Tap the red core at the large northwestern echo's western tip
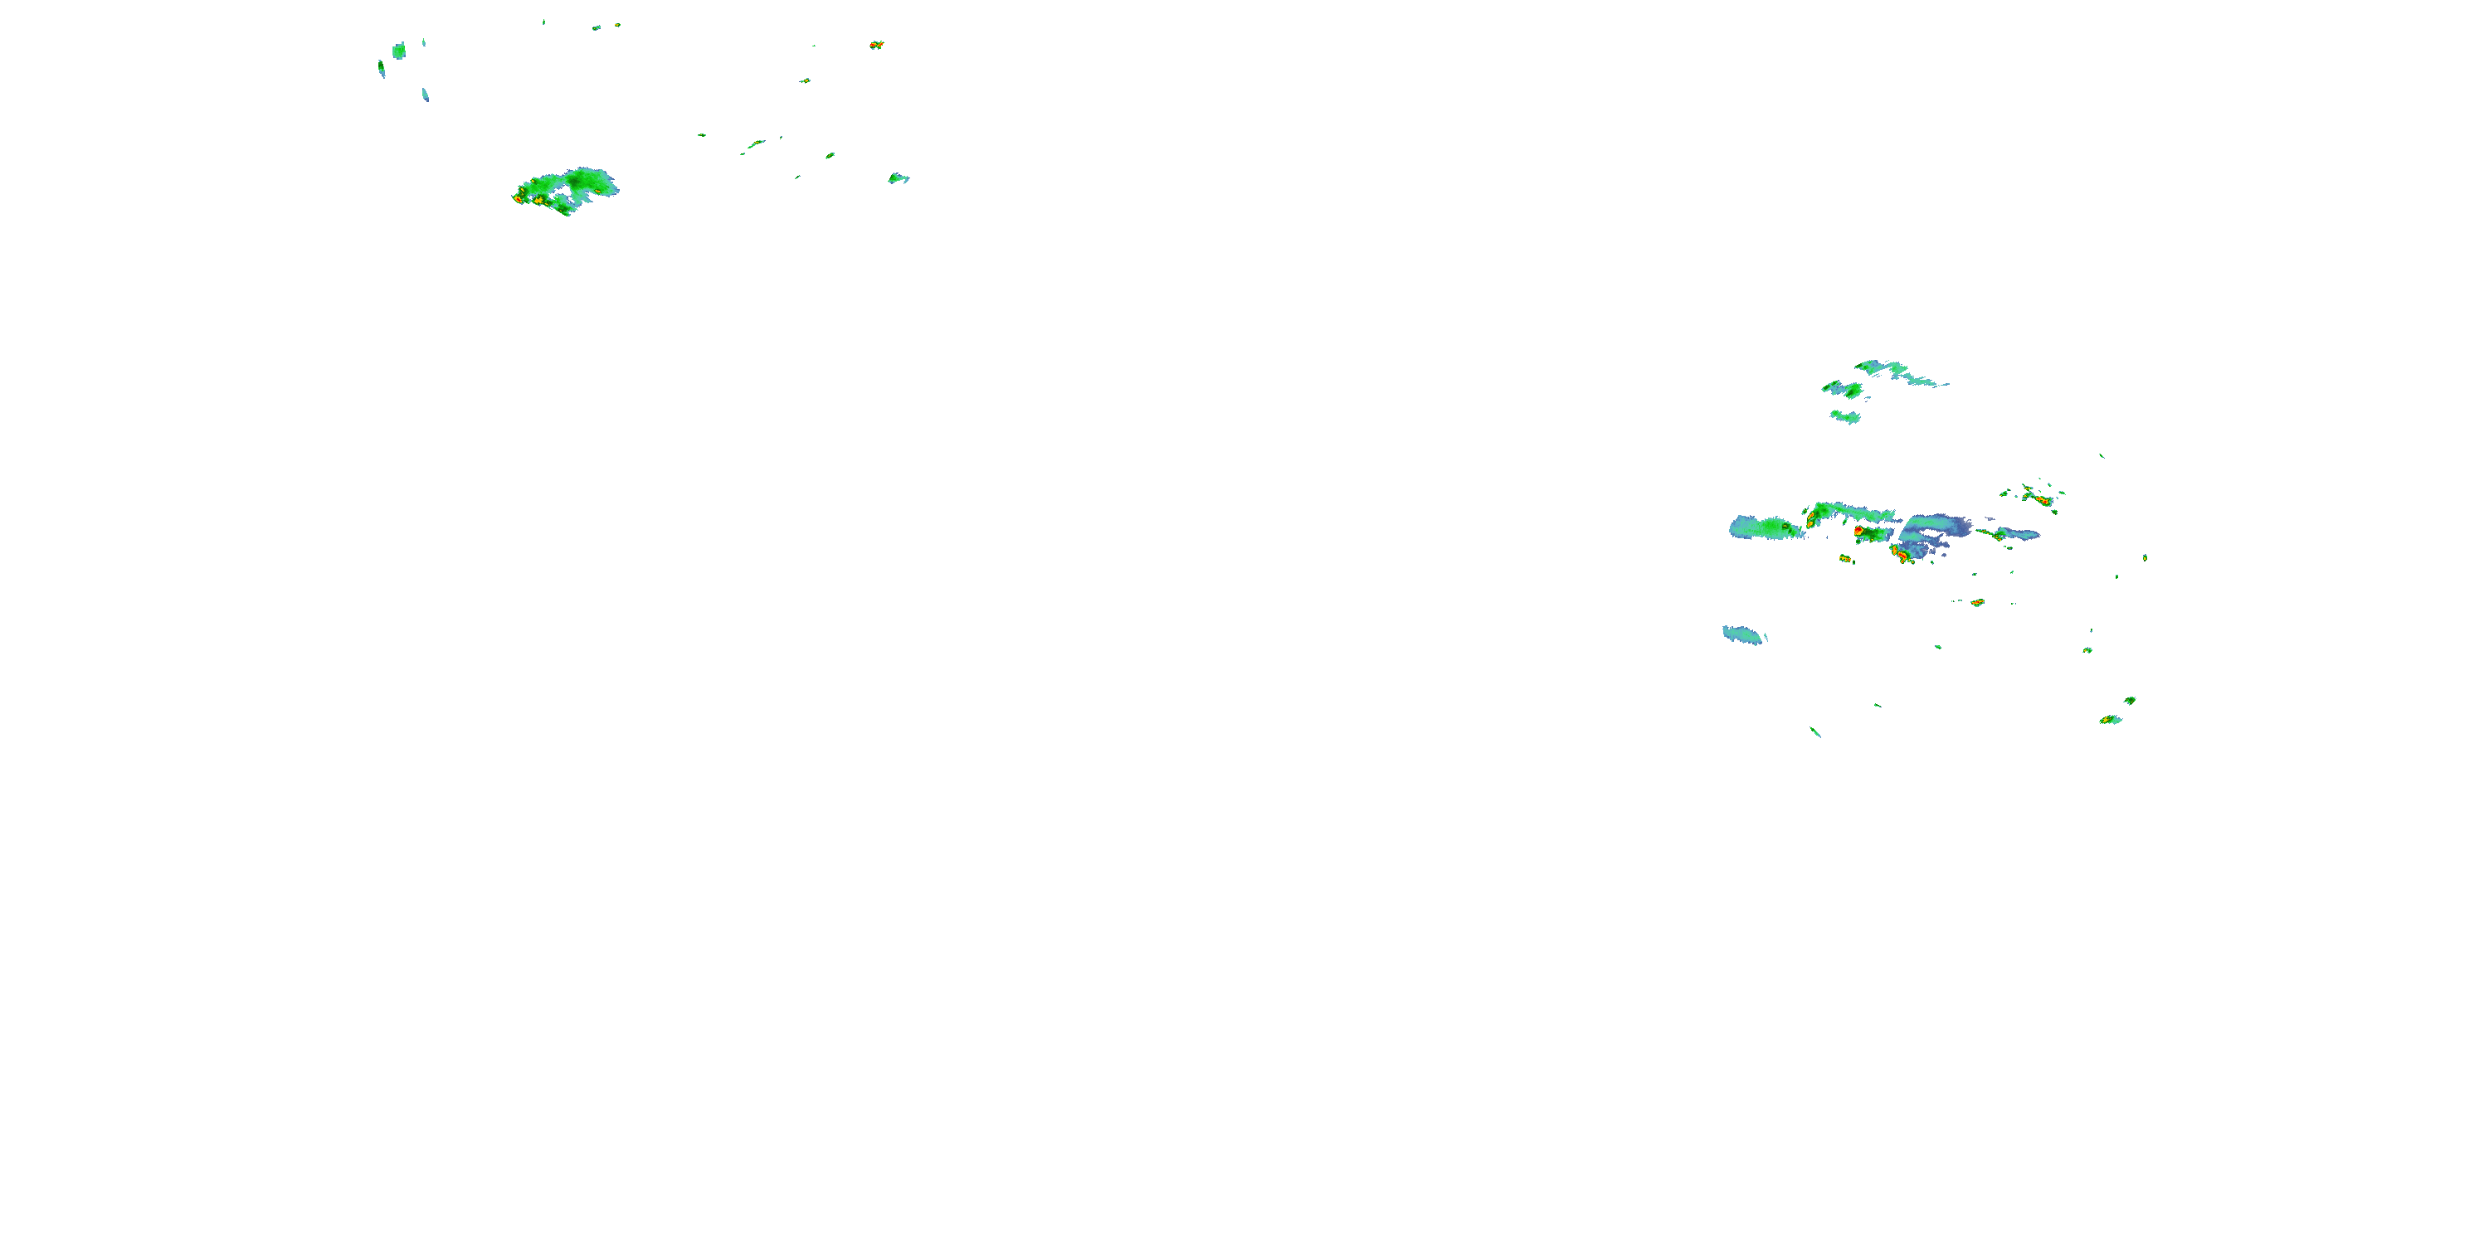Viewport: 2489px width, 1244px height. (x=519, y=197)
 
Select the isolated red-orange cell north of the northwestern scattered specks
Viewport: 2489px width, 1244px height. (x=876, y=45)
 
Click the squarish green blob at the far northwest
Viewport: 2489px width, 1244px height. (x=399, y=51)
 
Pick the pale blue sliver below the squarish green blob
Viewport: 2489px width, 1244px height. (x=425, y=95)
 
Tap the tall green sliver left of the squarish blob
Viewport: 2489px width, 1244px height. (x=381, y=69)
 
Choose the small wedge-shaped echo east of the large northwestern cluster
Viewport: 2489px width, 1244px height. (x=899, y=177)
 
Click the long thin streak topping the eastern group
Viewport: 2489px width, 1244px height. (x=1898, y=372)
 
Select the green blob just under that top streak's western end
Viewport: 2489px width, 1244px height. (x=1844, y=389)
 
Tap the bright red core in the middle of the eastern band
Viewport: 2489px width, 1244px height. (x=1858, y=530)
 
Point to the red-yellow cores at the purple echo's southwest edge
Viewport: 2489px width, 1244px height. (x=1901, y=553)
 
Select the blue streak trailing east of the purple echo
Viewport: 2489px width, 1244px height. (x=2014, y=533)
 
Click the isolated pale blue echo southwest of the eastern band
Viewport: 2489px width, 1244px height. (x=1744, y=634)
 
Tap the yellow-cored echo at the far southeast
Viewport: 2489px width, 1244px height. (x=2110, y=720)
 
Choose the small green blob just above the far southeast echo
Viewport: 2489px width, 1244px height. (x=2130, y=700)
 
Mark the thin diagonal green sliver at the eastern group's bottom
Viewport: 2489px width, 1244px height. (x=1815, y=732)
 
